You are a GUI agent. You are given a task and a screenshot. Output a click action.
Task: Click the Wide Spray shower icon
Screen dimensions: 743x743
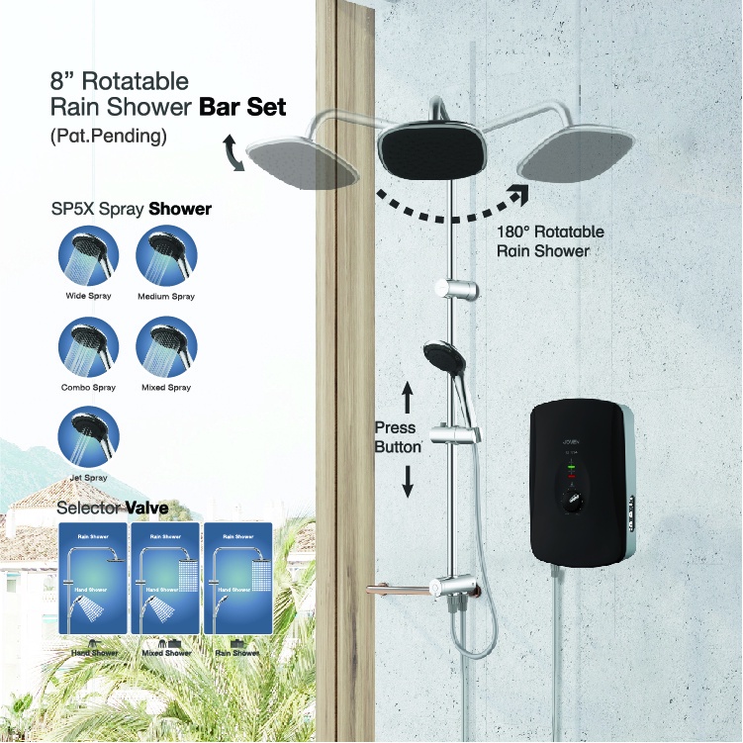click(x=89, y=253)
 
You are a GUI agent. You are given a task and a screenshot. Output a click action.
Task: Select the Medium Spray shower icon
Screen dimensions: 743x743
click(x=165, y=253)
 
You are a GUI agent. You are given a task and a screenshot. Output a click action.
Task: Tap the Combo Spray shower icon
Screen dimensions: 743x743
click(x=89, y=345)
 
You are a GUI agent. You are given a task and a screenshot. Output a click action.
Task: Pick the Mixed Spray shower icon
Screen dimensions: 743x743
click(x=165, y=345)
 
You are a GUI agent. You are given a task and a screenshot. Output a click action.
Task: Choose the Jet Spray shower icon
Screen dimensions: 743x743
click(x=89, y=436)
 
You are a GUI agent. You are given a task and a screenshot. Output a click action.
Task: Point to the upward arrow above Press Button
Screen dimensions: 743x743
click(x=407, y=399)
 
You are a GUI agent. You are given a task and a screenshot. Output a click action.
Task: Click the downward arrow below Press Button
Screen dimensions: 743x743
click(x=407, y=481)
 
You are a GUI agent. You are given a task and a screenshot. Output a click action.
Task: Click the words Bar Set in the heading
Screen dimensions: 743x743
click(x=236, y=107)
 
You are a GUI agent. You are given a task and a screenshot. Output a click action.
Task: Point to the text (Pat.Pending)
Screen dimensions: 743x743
click(x=108, y=137)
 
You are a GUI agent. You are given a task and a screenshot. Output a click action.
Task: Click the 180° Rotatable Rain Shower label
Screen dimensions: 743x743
click(x=549, y=241)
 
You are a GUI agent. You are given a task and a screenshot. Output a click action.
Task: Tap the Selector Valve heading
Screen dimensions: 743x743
click(x=112, y=509)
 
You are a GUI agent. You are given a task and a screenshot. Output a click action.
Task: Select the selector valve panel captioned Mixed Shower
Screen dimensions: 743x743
click(x=165, y=579)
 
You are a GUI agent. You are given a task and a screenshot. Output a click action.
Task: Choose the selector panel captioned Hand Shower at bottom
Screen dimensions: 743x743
click(x=95, y=579)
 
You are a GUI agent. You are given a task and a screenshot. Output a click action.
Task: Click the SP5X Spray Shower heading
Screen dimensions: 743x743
click(x=131, y=210)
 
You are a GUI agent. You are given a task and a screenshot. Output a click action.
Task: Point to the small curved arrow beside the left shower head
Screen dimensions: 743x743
click(x=235, y=155)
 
